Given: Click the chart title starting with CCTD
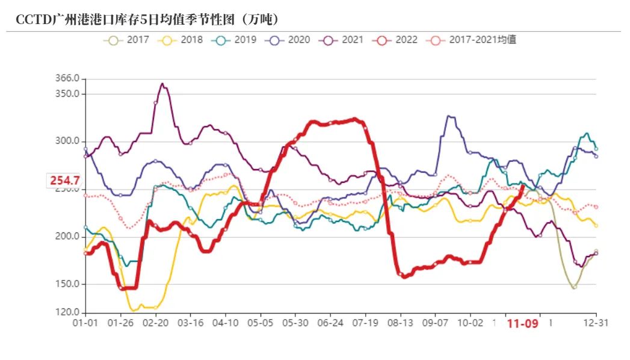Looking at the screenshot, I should tap(147, 20).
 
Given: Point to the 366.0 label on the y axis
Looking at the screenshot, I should tap(67, 78).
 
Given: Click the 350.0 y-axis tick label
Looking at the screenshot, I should tap(67, 94).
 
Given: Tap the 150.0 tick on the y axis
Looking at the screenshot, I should tap(67, 284).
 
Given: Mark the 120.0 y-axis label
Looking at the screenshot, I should tap(67, 312).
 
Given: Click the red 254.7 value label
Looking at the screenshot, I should tap(65, 180).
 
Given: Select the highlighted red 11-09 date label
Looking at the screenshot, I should tap(522, 324).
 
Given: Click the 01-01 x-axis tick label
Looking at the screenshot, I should tap(85, 323).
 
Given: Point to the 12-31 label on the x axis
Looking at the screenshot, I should tap(596, 323).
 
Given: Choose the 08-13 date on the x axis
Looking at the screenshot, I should tap(400, 323).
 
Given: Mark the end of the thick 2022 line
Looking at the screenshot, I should tap(522, 187).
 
